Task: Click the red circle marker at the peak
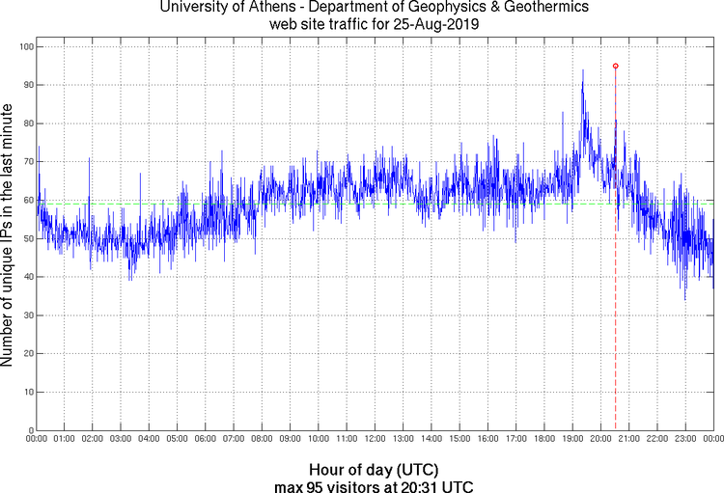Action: pyautogui.click(x=615, y=66)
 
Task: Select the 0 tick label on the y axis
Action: pyautogui.click(x=30, y=430)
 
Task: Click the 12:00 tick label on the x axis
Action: pyautogui.click(x=376, y=439)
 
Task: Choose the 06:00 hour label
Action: pyautogui.click(x=206, y=439)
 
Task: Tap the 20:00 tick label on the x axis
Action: pyautogui.click(x=600, y=439)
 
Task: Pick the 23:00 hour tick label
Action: pyautogui.click(x=685, y=439)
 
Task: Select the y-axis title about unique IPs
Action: pyautogui.click(x=8, y=237)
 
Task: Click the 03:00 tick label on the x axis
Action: pyautogui.click(x=122, y=439)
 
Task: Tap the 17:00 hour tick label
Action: pyautogui.click(x=516, y=439)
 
